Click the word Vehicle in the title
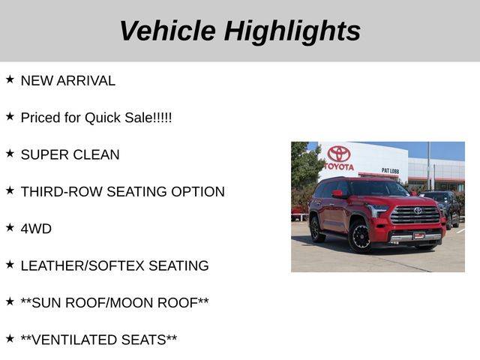[168, 31]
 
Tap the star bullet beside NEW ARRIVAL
[10, 79]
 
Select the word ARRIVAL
[86, 81]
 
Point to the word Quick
[103, 118]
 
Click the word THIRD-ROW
[61, 192]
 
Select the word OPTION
[198, 192]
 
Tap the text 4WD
[36, 229]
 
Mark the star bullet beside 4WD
[10, 227]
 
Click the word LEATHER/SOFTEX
[82, 266]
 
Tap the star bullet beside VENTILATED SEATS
[10, 338]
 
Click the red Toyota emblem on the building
[339, 154]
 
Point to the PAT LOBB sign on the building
[390, 170]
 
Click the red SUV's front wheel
[360, 237]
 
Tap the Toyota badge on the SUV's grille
[418, 211]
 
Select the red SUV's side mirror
[337, 193]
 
